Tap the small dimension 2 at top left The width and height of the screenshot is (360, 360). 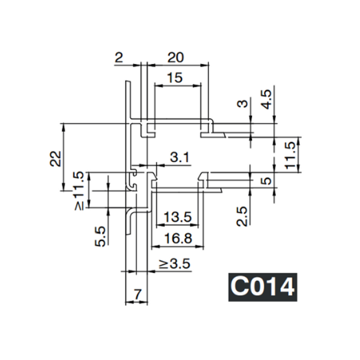point(118,58)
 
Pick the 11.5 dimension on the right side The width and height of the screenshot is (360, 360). point(290,154)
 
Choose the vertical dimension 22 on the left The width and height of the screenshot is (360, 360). point(56,158)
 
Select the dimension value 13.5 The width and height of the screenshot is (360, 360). point(177,217)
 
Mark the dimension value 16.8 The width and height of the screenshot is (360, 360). point(177,238)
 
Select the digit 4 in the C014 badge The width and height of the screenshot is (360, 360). point(285,286)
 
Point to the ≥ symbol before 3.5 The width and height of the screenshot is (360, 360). point(163,263)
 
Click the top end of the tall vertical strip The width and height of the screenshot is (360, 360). point(127,82)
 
